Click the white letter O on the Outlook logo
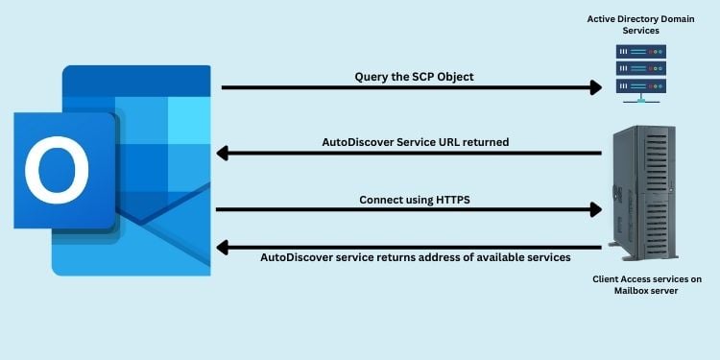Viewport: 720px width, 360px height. (57, 170)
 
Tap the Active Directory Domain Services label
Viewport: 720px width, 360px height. (640, 25)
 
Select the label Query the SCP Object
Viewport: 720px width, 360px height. (414, 76)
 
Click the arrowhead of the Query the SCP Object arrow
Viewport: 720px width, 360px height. (596, 87)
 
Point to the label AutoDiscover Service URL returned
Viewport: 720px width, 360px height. (415, 142)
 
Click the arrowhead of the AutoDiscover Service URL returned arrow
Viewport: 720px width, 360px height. (222, 153)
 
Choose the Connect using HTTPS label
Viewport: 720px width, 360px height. (414, 200)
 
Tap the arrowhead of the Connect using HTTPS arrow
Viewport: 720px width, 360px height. (596, 209)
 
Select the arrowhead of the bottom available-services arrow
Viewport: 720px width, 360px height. (222, 248)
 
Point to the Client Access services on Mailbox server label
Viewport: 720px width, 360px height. (646, 285)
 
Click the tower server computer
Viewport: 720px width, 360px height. (643, 193)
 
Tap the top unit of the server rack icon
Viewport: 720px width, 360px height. (640, 52)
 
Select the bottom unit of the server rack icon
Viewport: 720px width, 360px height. (640, 86)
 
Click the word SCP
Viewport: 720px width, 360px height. (422, 76)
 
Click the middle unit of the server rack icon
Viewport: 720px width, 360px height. (640, 69)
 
